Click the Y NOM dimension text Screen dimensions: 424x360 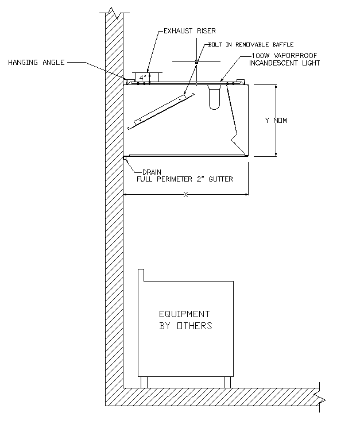coord(276,121)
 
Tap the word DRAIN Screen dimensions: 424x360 coord(152,171)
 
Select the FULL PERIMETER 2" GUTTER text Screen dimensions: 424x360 coord(184,179)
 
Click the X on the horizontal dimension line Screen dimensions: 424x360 coord(185,195)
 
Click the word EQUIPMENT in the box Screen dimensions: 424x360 coord(184,314)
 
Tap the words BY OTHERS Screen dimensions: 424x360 coord(185,326)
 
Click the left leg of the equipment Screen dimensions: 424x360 coord(144,382)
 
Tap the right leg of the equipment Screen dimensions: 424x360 coord(227,382)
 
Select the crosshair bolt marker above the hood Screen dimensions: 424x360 coord(196,61)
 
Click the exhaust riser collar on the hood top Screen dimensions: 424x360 coord(149,76)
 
